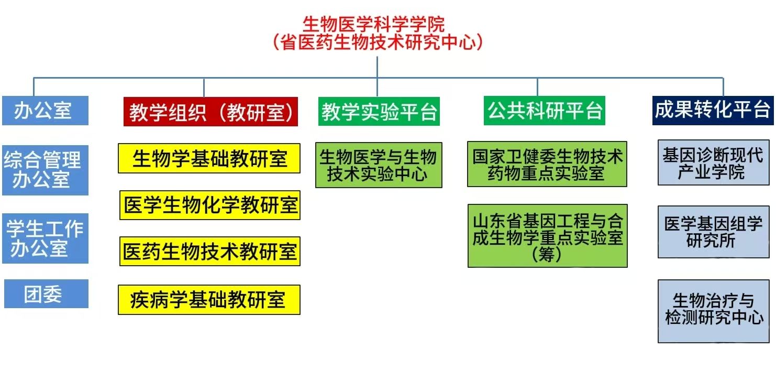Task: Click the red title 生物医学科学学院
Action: [374, 24]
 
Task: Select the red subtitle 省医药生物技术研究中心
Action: [377, 42]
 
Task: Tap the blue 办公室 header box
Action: [45, 111]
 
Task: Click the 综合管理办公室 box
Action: [45, 169]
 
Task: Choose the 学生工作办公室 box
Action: [45, 238]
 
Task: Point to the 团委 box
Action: [46, 294]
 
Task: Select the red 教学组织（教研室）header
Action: [210, 112]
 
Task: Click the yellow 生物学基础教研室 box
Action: [209, 158]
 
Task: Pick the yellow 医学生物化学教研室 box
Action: [210, 205]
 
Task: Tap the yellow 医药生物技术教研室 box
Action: [210, 252]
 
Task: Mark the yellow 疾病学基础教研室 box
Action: [209, 300]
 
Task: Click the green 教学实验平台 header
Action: [379, 112]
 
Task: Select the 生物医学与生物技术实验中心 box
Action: [379, 165]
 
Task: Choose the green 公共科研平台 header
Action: [545, 111]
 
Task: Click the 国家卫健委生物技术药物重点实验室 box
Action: [547, 164]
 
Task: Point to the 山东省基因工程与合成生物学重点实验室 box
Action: [547, 236]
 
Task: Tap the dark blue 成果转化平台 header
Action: [713, 110]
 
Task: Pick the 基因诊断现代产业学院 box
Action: [713, 164]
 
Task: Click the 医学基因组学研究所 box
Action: [713, 232]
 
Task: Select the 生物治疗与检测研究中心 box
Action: [713, 311]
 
